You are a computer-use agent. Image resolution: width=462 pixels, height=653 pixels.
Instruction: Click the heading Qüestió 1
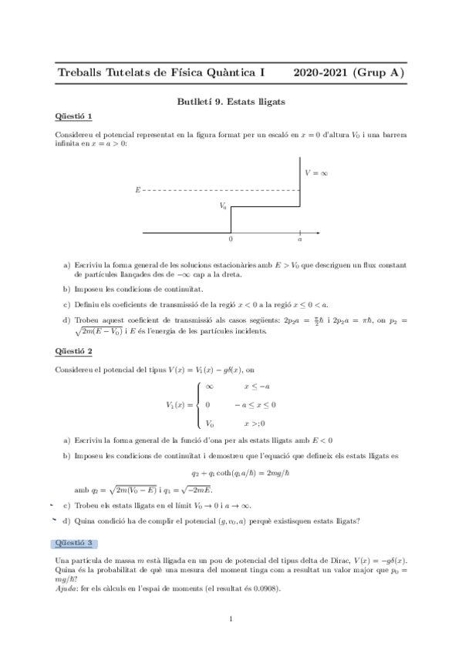73,116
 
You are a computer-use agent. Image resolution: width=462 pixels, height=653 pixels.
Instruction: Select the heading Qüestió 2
73,351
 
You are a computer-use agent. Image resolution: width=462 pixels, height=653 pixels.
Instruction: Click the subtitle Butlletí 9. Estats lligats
231,100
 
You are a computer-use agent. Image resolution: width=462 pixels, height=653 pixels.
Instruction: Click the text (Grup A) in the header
378,72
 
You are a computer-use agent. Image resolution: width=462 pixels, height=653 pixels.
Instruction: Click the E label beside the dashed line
137,189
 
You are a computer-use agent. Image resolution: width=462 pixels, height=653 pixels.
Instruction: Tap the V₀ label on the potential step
223,206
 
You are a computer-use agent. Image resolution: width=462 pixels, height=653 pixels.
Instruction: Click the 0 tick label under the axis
231,240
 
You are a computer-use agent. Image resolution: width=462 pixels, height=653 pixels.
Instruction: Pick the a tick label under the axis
299,240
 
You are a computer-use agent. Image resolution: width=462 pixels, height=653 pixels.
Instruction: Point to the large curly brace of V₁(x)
199,404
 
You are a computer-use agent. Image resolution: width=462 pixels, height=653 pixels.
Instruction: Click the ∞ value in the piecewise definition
209,387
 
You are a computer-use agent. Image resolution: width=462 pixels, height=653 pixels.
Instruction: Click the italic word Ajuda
68,588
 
